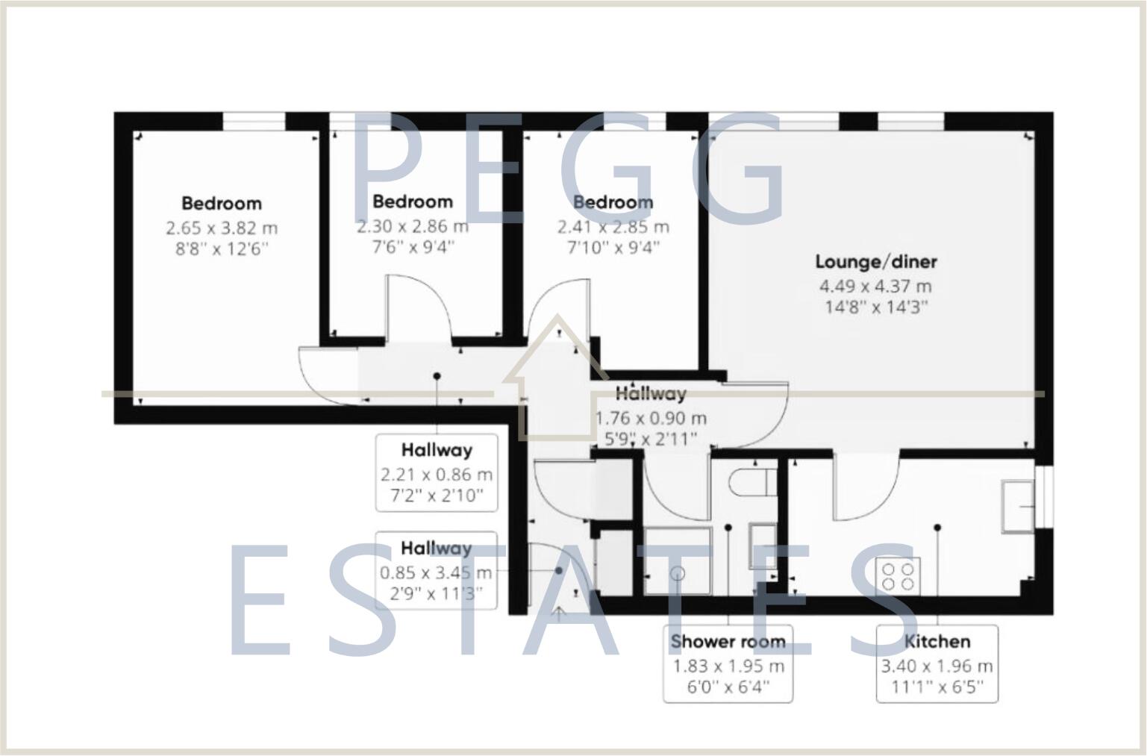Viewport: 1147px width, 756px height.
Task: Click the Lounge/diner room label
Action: click(876, 262)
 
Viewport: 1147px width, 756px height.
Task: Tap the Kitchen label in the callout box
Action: click(937, 642)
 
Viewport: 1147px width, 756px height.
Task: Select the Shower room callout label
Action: click(728, 642)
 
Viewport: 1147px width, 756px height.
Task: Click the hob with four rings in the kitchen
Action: click(899, 575)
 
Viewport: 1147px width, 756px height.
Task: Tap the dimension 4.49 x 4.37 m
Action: click(876, 286)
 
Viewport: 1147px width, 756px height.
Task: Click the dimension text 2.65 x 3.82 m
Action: click(222, 228)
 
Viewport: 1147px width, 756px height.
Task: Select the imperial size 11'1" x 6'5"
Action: click(937, 686)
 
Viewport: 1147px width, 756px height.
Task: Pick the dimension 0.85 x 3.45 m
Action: click(436, 573)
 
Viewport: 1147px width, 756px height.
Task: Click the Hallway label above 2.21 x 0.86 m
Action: click(437, 450)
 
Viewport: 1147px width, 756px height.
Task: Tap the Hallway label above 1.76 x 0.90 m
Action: click(651, 393)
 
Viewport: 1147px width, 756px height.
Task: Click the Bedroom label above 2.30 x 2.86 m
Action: click(413, 202)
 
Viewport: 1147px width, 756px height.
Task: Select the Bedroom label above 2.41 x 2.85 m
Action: click(613, 202)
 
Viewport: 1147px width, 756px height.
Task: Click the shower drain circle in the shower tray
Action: click(678, 573)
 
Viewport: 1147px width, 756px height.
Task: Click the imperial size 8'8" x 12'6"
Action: click(222, 249)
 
